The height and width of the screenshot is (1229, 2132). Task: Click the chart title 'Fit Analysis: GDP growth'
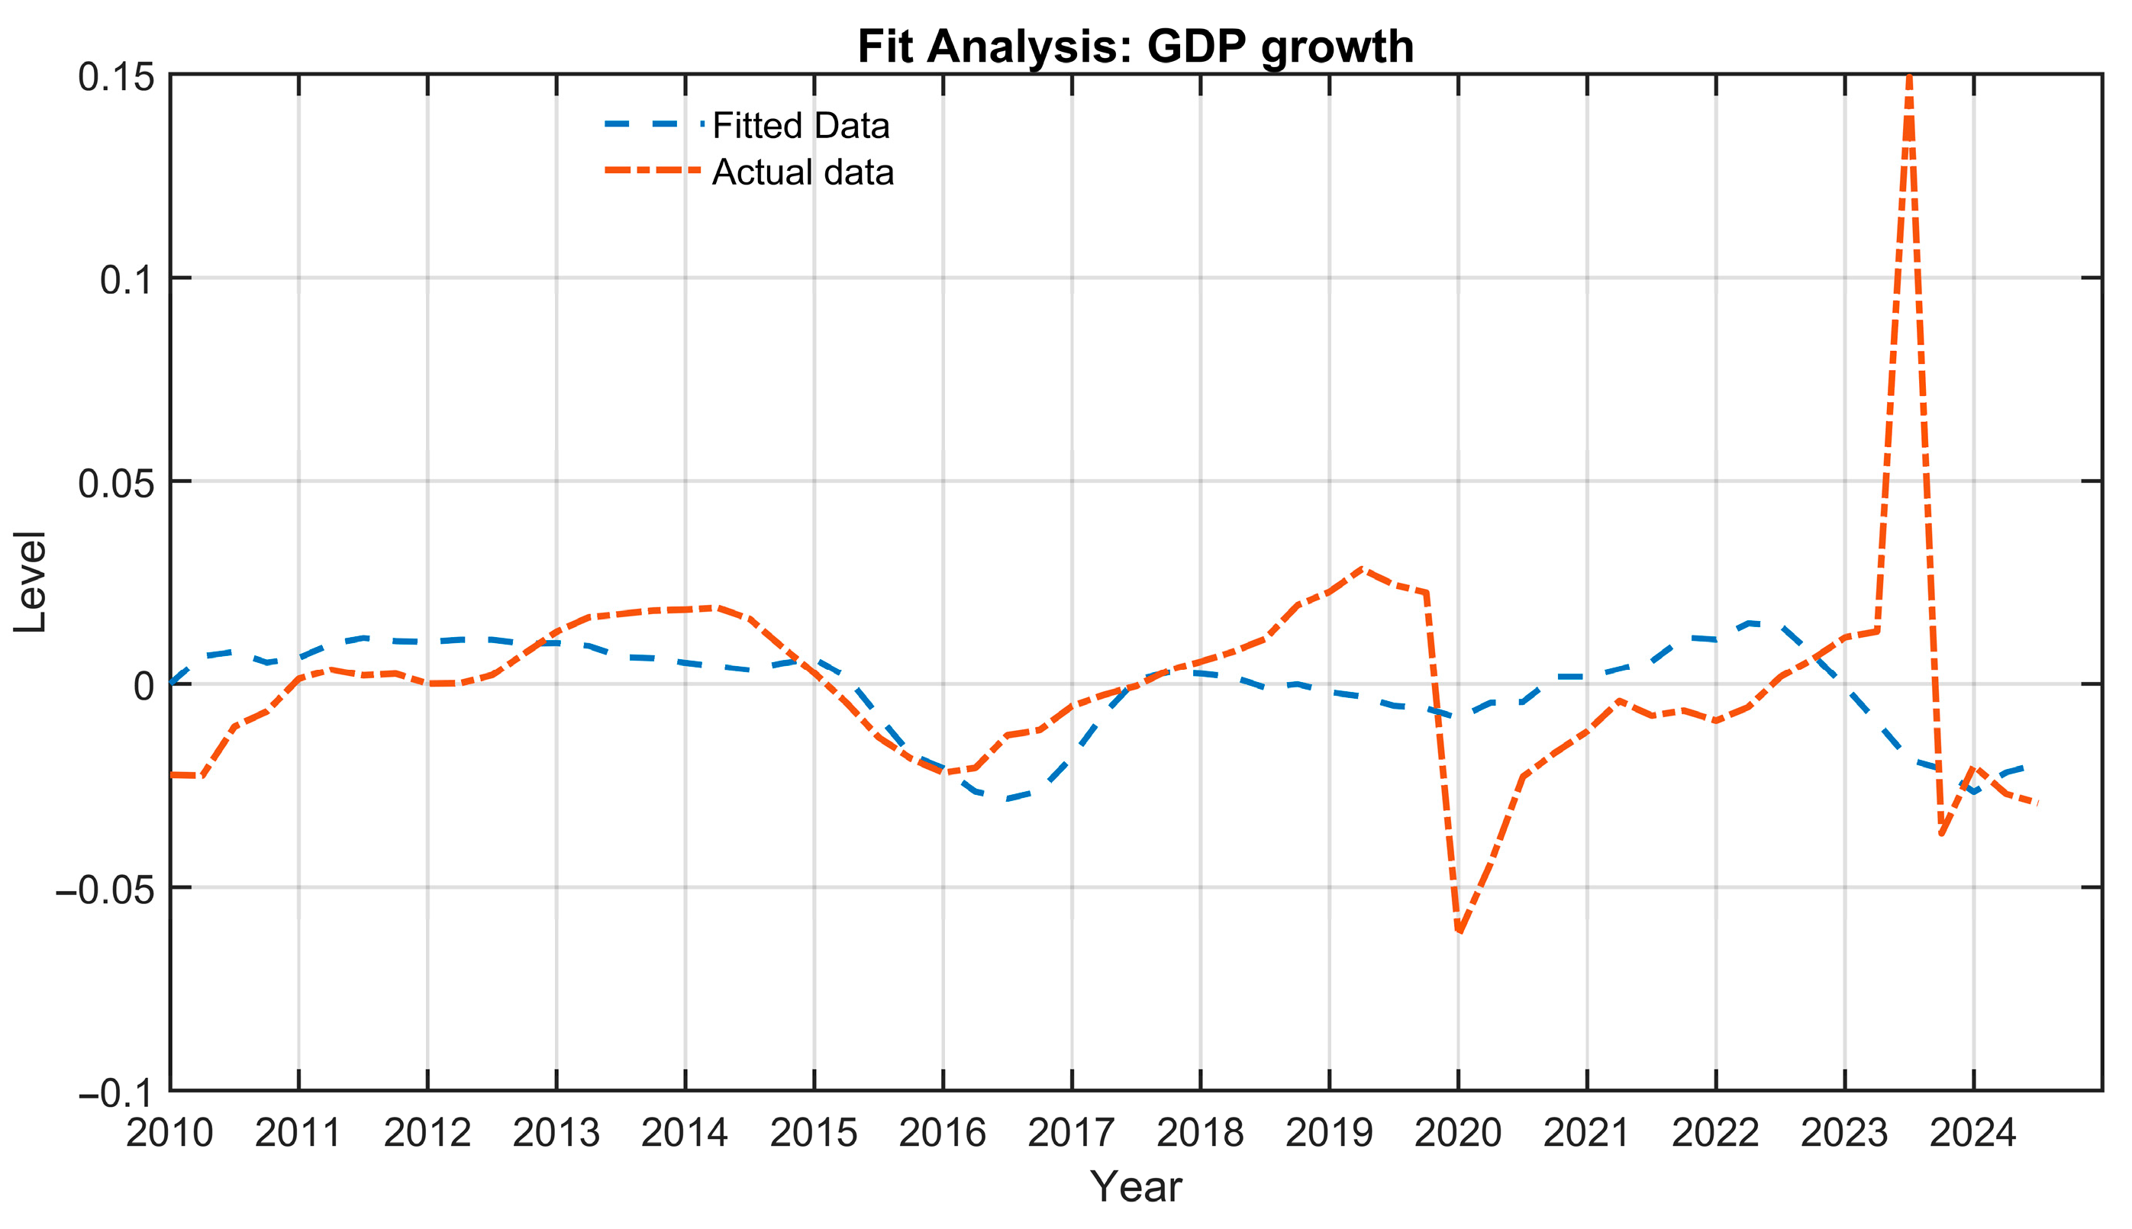click(1136, 47)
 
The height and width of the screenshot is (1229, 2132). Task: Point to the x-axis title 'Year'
click(1136, 1187)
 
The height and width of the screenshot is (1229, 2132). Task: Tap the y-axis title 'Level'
click(31, 581)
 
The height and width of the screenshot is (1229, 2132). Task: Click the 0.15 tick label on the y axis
click(117, 77)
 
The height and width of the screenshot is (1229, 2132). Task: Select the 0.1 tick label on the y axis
click(127, 279)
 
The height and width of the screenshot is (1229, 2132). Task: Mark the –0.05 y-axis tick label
click(105, 889)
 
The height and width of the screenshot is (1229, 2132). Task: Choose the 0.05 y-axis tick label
click(117, 484)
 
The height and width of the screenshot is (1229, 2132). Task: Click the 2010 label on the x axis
click(169, 1133)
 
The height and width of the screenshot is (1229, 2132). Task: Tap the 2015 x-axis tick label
click(814, 1133)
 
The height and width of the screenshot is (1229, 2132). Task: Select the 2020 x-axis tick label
click(1458, 1133)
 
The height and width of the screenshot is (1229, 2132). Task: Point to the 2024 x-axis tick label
click(1973, 1133)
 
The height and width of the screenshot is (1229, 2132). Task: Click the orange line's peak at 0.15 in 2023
click(1909, 77)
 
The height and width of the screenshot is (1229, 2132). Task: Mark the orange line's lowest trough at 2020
click(1459, 931)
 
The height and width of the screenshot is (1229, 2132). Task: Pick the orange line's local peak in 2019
click(1361, 569)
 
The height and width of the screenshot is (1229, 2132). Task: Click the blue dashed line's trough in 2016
click(1008, 799)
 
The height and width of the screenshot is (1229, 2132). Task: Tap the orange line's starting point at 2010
click(172, 774)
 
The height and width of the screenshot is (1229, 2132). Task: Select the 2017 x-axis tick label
click(1072, 1133)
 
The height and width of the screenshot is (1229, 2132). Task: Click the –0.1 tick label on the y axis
click(117, 1093)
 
